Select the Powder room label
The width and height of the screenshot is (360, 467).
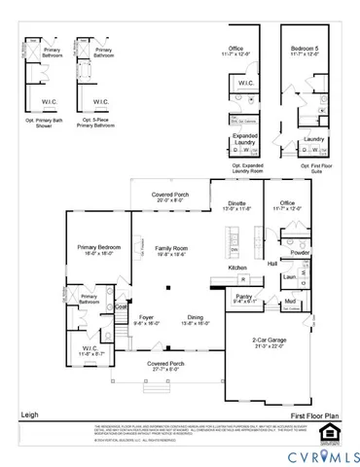[x=300, y=253]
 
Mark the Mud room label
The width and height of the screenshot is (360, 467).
[x=290, y=302]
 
